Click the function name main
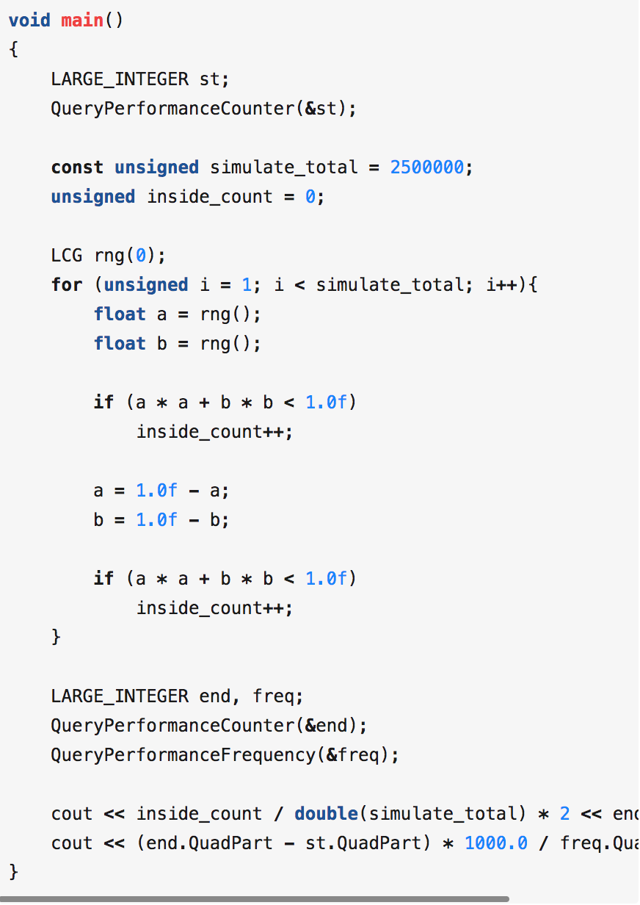(82, 21)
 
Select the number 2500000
(426, 167)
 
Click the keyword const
(77, 167)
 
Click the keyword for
(67, 285)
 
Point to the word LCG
(67, 256)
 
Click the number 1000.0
(495, 843)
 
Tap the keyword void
(29, 21)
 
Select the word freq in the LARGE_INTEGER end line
(273, 696)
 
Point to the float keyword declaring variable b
(120, 344)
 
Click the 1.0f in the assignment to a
(156, 491)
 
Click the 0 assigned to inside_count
(310, 197)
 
